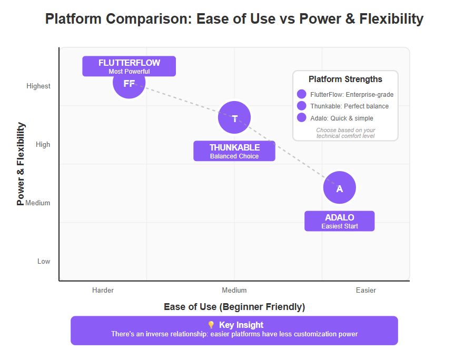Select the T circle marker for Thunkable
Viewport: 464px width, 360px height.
click(234, 117)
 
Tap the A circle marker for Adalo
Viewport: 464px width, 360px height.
click(339, 187)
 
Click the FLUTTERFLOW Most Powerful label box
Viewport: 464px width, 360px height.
click(129, 66)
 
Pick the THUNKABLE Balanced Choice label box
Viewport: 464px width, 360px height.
click(234, 151)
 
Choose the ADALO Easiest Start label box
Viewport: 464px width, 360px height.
click(339, 221)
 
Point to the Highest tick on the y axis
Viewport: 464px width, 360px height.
click(38, 86)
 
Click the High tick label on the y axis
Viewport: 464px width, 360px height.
click(43, 144)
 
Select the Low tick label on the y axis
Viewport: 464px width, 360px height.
click(44, 261)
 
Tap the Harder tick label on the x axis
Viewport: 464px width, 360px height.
click(103, 290)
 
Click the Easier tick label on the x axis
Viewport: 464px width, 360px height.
click(366, 290)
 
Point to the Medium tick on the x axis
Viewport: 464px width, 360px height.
click(234, 290)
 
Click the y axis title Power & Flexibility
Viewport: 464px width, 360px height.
click(21, 164)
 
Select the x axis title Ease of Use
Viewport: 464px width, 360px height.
click(234, 307)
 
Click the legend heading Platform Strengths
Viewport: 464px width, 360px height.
click(345, 79)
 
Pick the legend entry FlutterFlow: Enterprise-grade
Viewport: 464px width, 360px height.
click(352, 95)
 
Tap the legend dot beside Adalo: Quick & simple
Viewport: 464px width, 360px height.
click(302, 117)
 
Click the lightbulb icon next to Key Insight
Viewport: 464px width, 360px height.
click(211, 325)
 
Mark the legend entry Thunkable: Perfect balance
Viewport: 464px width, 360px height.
click(350, 106)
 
